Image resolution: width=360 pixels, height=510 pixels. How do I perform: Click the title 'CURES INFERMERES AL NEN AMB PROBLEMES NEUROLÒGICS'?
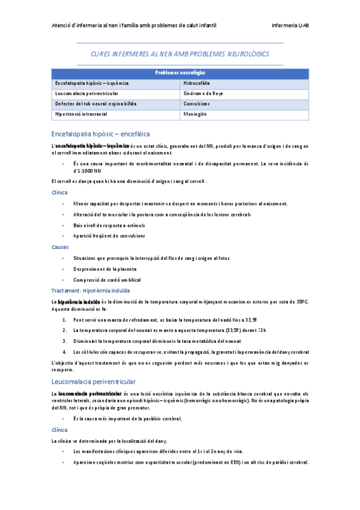point(180,54)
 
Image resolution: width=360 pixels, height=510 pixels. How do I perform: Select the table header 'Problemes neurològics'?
point(180,73)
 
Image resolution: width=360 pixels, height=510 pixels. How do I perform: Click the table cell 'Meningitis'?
point(197,113)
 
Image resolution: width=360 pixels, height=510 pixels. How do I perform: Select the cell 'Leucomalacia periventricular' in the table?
point(86,94)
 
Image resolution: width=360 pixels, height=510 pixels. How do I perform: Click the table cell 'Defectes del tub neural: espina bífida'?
point(95,103)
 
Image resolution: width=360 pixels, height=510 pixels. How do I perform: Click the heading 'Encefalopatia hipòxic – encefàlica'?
point(100,133)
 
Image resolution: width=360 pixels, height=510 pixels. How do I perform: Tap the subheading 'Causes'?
point(60,247)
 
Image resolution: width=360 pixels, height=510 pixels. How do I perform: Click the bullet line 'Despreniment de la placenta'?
point(105,269)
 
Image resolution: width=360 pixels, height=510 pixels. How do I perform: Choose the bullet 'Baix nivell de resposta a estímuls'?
point(109,225)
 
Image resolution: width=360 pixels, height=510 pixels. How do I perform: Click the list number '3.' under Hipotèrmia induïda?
point(64,341)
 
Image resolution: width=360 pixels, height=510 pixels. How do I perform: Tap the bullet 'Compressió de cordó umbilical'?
point(106,280)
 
